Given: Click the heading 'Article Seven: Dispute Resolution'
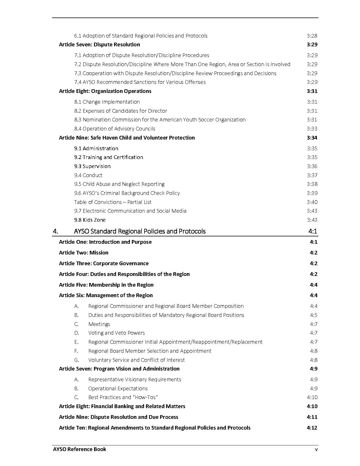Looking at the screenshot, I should coord(99,45).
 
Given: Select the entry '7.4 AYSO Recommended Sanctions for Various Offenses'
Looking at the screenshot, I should coord(140,82).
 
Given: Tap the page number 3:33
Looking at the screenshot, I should coord(312,129).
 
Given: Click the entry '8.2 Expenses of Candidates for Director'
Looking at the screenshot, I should coord(121,111).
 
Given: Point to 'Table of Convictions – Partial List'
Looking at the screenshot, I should coord(113,202).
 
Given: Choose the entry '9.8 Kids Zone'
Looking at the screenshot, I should coord(90,220).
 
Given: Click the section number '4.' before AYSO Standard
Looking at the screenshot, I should coord(55,231).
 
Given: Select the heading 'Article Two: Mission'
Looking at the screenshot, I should coord(84,253).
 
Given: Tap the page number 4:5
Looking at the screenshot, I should coord(313,315).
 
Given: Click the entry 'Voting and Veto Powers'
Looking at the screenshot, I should coord(116,333).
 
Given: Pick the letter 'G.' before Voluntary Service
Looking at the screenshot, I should coord(77,360).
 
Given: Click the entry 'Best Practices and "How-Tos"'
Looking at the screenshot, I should coord(123,397).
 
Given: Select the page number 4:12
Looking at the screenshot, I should coord(312,428).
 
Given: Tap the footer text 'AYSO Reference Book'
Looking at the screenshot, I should coord(80,449).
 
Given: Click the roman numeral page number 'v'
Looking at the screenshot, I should coord(317,449).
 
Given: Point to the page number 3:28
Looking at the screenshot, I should coord(312,36).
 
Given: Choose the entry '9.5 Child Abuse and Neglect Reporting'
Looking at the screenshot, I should coord(119,184).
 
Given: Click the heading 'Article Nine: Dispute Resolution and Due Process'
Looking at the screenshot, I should coord(119,417).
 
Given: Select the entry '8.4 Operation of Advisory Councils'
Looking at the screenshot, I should coord(115,129).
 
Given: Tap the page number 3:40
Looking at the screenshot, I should coord(312,202).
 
